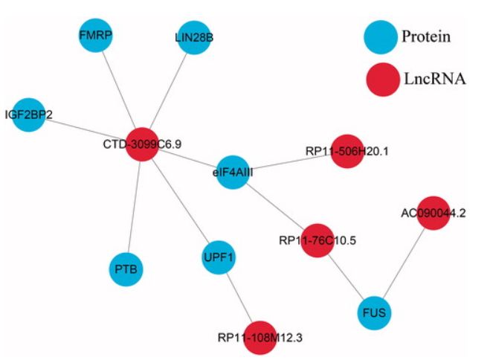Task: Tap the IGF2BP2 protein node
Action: click(29, 115)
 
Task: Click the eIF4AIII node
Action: click(232, 172)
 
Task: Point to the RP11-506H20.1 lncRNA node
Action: click(346, 151)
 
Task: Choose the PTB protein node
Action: click(126, 266)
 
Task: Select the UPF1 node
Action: click(219, 257)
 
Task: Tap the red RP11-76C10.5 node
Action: click(317, 240)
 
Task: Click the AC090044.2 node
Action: click(433, 213)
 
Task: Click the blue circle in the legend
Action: click(381, 36)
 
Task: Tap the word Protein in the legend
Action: click(426, 36)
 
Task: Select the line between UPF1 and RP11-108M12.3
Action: click(239, 297)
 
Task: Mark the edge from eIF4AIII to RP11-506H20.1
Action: click(290, 161)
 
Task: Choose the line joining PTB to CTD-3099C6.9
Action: click(134, 205)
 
